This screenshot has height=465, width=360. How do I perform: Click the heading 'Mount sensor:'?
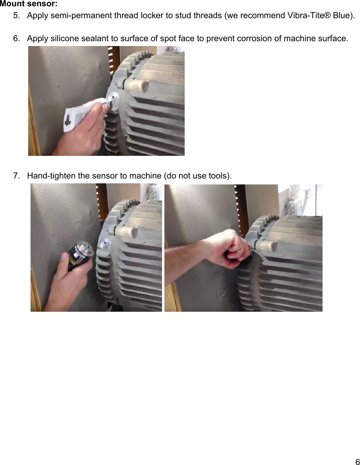(29, 4)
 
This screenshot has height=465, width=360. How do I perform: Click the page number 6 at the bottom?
(357, 461)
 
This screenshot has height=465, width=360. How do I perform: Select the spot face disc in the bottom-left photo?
(104, 244)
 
